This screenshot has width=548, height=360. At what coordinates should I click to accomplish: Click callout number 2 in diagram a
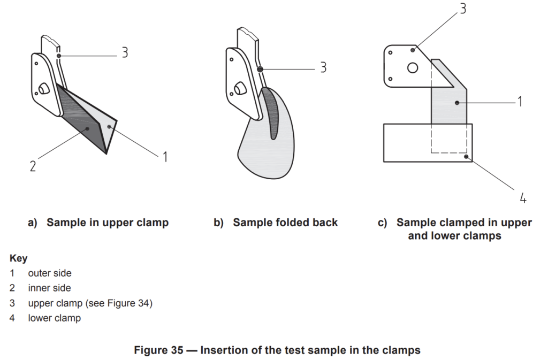pos(33,166)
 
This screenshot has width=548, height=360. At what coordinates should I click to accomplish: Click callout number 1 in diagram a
pos(165,157)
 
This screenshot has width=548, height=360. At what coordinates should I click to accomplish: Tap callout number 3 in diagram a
pos(125,52)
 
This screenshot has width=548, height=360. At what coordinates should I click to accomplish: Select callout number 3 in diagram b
pos(323,67)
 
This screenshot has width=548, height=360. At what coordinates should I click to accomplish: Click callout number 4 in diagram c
pos(523,198)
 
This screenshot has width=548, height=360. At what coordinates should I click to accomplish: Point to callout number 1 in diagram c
pos(520,102)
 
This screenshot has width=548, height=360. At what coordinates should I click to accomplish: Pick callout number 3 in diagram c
pos(463,9)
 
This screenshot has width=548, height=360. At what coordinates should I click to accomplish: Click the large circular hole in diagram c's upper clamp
pos(413,67)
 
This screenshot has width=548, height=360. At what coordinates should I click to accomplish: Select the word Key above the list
pos(19,258)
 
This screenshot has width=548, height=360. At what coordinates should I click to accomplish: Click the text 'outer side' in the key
pos(50,273)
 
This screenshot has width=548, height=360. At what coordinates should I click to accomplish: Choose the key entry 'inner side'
pos(49,288)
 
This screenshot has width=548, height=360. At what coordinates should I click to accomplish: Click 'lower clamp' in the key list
pos(55,318)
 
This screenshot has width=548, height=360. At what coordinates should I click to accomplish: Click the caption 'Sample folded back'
pos(285,223)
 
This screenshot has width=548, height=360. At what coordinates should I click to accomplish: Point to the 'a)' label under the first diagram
pos(33,223)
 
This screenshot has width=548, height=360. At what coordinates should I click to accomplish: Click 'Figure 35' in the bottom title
pos(158,350)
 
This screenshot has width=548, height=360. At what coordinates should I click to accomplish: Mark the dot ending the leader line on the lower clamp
pos(466,157)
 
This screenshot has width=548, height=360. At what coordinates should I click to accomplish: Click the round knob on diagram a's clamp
pos(44,89)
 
